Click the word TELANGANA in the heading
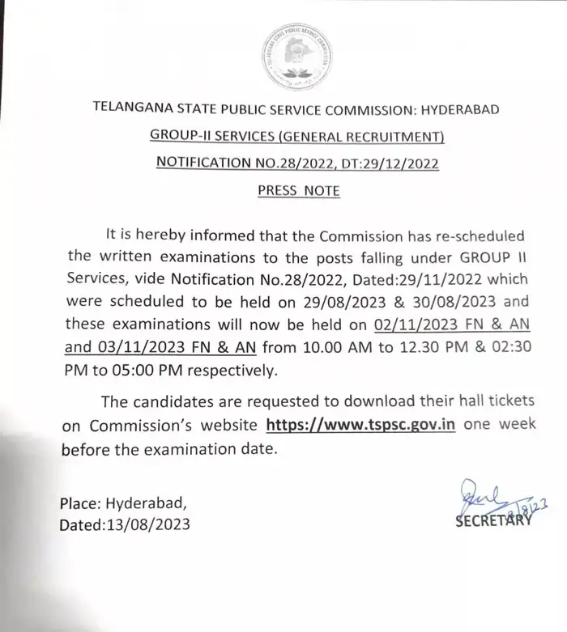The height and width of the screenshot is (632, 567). tap(134, 108)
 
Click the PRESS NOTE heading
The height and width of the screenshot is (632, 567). tap(298, 191)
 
